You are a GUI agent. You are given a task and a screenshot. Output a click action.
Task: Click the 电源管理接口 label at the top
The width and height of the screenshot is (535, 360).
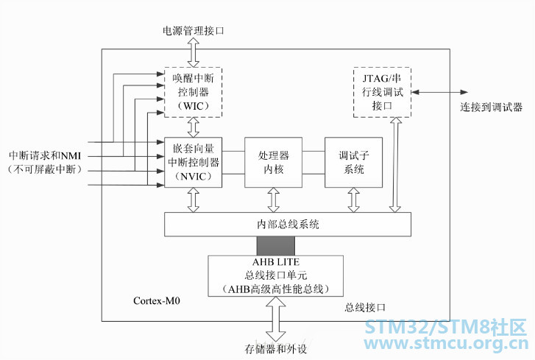(193, 31)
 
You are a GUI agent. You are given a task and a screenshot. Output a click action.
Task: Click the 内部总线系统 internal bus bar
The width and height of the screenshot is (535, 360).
(288, 225)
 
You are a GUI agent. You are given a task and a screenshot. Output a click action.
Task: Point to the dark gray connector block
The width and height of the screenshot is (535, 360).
(276, 246)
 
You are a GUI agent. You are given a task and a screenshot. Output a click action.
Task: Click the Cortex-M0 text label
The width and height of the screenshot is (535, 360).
(157, 300)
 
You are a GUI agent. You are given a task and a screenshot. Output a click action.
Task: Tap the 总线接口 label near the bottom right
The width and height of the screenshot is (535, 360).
(365, 308)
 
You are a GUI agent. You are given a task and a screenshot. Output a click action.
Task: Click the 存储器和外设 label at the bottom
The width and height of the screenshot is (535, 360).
(276, 349)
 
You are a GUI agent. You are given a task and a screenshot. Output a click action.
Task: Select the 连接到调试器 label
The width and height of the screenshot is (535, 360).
(491, 107)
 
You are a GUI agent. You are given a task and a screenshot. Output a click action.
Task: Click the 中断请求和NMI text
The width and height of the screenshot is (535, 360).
(45, 155)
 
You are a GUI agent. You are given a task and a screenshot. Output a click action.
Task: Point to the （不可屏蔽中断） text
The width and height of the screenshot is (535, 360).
(45, 169)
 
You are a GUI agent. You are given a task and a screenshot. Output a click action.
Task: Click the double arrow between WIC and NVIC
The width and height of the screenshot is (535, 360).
(194, 127)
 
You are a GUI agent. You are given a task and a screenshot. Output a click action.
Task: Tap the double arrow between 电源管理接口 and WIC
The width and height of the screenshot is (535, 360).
(194, 52)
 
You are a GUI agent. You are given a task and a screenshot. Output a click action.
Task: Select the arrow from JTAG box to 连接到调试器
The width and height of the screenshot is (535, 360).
(439, 92)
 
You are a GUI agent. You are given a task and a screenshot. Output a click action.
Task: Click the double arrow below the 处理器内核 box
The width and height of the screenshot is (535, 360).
(273, 200)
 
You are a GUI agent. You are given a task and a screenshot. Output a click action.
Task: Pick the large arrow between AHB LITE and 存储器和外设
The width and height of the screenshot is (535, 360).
(276, 319)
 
